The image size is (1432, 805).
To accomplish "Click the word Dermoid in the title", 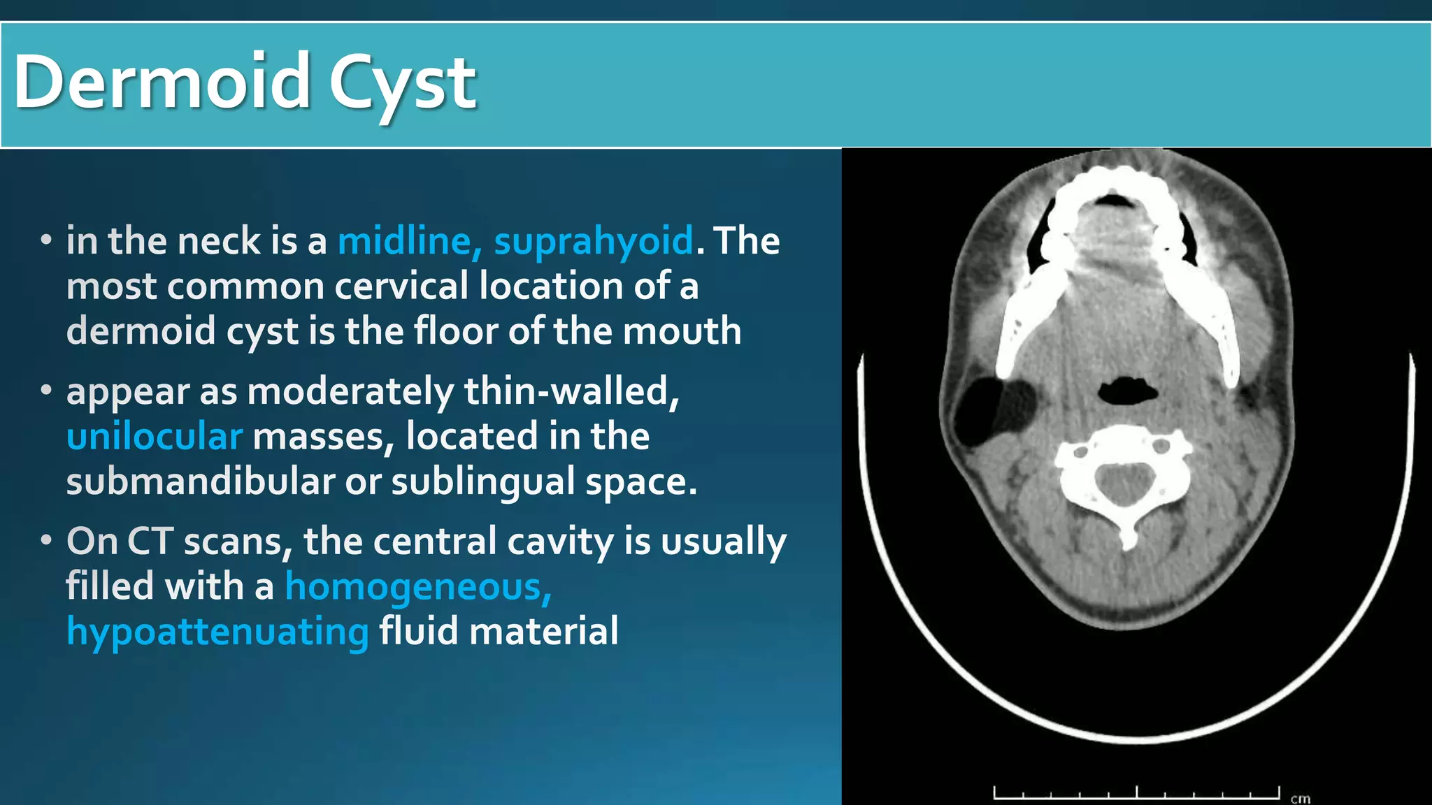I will click(162, 82).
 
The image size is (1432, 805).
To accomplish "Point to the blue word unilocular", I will click(155, 437).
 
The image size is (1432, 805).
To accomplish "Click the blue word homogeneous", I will click(418, 587).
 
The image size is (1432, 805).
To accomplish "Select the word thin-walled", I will click(571, 391).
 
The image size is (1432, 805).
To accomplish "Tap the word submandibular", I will click(201, 481).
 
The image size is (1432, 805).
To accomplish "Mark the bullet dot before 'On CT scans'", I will click(46, 540).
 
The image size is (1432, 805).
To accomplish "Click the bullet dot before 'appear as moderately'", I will click(46, 390).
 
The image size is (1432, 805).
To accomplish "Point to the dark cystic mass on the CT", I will click(979, 412).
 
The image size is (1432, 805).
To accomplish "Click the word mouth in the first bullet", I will click(682, 331).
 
